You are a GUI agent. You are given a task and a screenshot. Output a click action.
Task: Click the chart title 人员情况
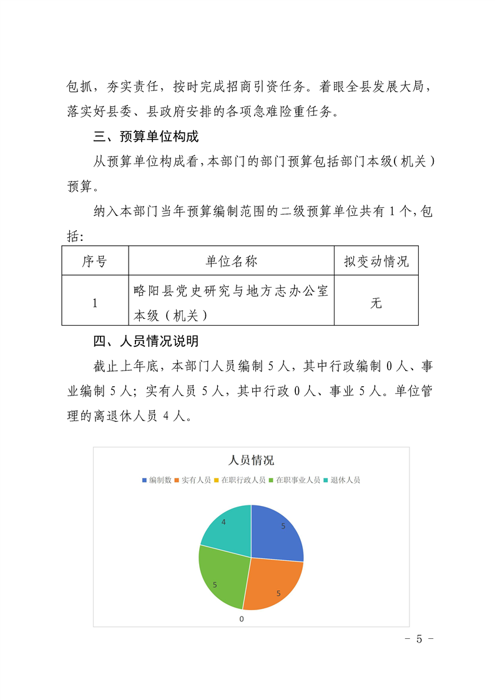[251, 460]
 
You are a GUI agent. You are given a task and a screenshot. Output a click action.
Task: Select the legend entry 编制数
[157, 480]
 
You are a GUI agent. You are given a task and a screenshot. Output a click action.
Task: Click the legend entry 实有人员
[192, 480]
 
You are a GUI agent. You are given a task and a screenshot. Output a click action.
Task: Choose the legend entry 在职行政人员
[239, 480]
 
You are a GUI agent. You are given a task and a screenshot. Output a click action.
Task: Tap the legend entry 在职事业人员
[294, 480]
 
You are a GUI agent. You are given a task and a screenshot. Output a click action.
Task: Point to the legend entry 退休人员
[341, 480]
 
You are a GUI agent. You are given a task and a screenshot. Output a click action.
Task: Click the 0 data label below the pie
[242, 619]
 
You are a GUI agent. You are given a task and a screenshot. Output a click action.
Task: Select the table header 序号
[95, 261]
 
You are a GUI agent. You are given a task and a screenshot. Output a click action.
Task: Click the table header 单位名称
[231, 261]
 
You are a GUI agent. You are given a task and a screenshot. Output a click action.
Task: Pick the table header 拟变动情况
[376, 261]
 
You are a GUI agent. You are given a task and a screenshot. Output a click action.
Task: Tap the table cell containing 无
[376, 303]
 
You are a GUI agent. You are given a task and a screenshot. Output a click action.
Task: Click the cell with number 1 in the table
[95, 303]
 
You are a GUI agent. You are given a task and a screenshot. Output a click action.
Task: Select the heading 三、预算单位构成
[146, 136]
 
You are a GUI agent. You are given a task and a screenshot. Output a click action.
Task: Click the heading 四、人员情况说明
[146, 341]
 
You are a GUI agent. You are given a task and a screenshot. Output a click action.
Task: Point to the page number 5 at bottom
[419, 639]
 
